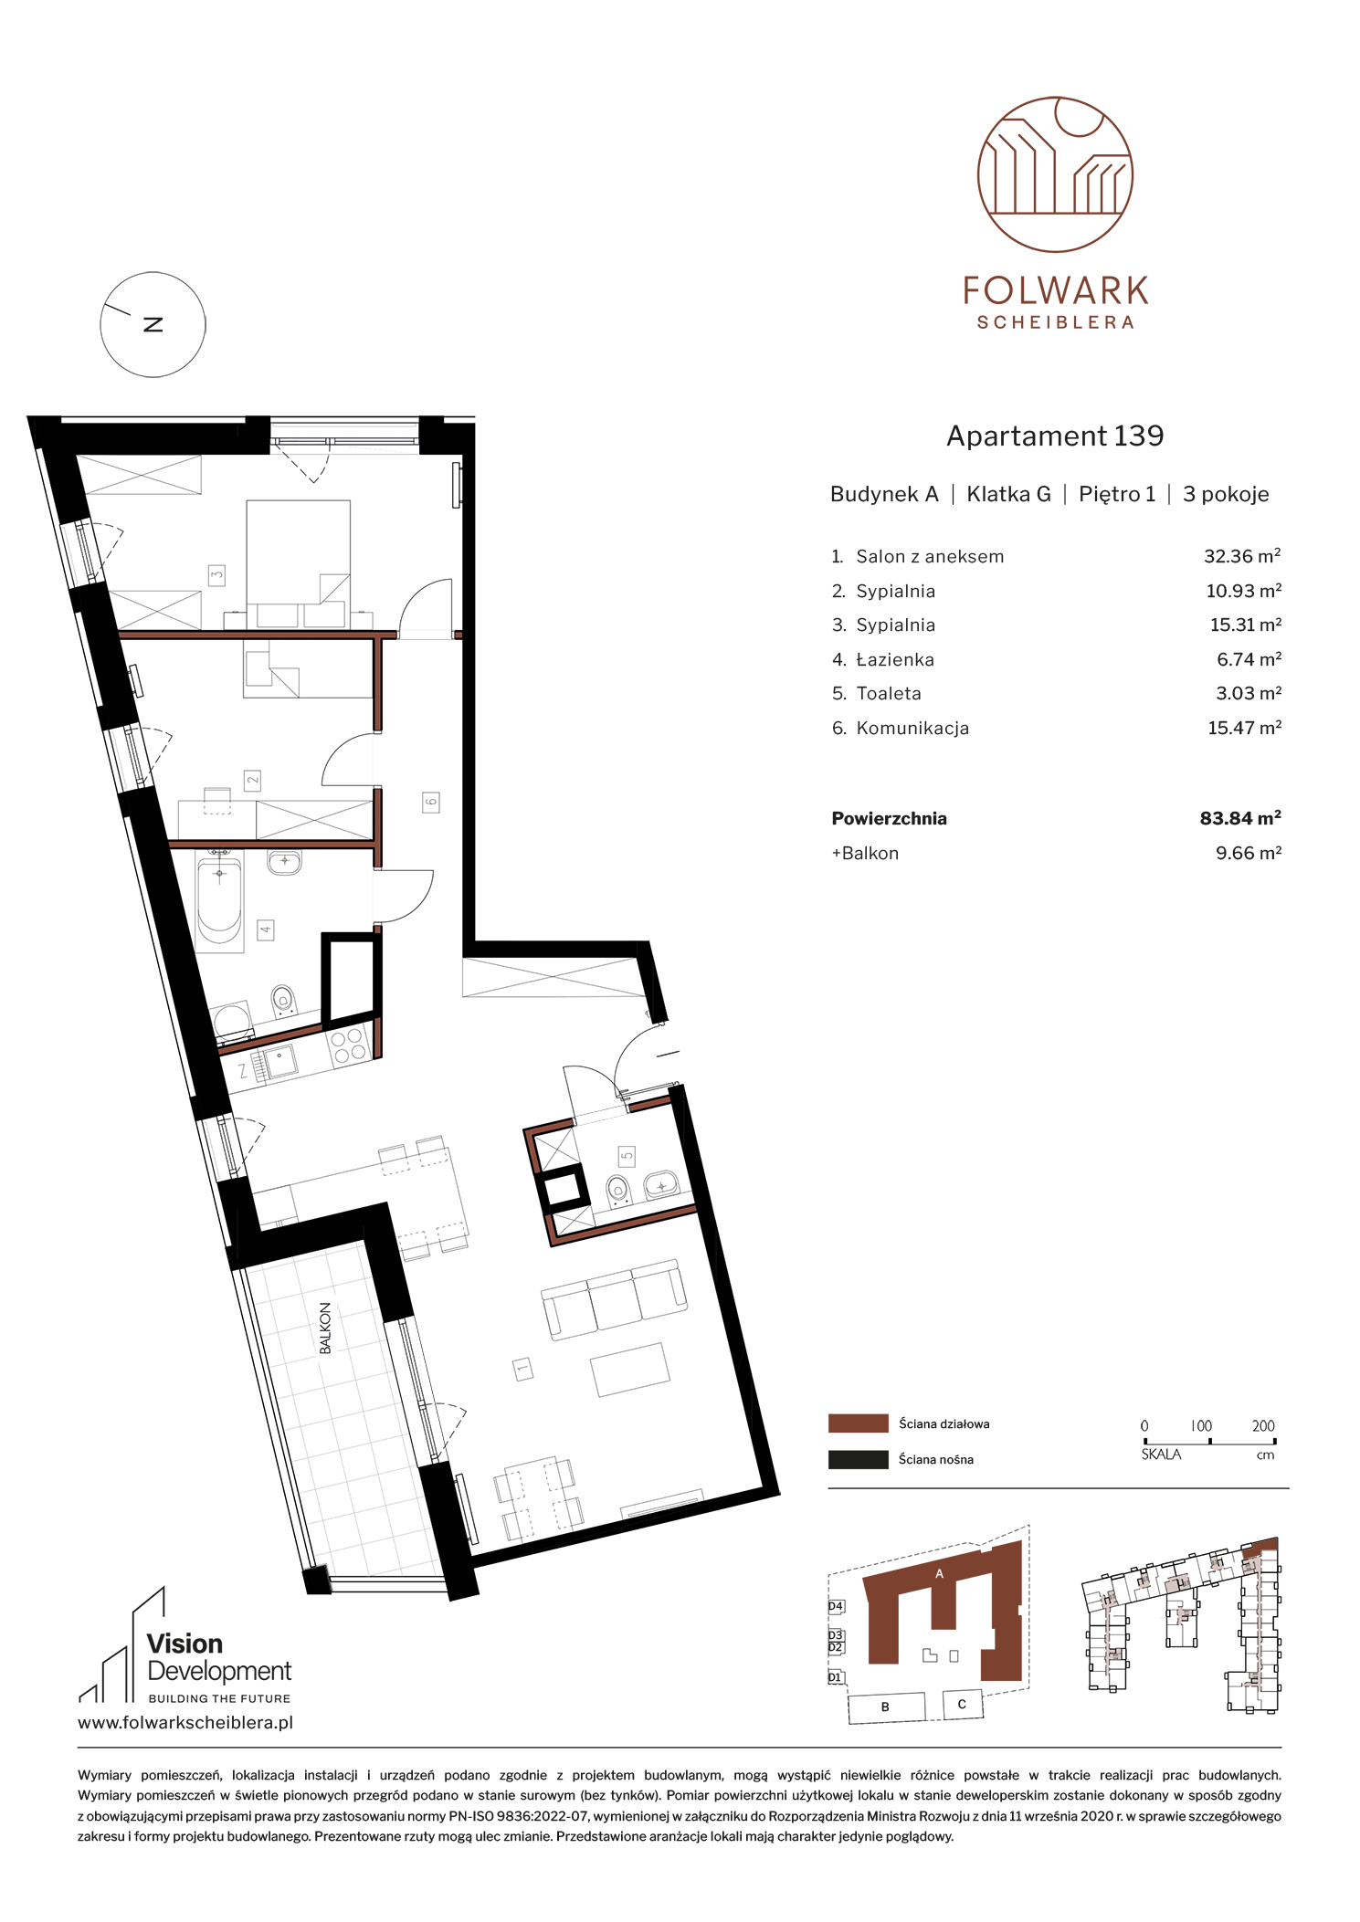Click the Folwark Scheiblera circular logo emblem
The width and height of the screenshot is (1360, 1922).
tap(1055, 174)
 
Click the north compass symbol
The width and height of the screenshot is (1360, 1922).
tap(153, 324)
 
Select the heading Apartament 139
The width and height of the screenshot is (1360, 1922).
tap(1055, 436)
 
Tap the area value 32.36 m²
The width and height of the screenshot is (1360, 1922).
tap(1242, 556)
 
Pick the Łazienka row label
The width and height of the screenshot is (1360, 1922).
tap(895, 659)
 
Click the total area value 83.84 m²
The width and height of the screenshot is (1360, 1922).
tap(1240, 818)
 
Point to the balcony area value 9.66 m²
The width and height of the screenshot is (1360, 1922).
tap(1249, 853)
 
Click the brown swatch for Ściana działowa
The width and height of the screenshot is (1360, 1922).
tap(858, 1423)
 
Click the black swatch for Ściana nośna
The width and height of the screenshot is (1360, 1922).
tap(858, 1459)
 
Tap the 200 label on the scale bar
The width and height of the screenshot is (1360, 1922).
tap(1263, 1425)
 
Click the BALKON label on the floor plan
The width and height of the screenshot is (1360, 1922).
tap(325, 1328)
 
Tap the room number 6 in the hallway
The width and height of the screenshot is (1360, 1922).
tap(431, 803)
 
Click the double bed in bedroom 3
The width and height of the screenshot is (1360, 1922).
tap(299, 562)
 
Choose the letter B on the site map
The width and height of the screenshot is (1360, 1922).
tap(884, 1707)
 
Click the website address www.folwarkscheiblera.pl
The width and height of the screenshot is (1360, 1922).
tap(185, 1723)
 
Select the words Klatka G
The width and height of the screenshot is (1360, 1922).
tap(1008, 494)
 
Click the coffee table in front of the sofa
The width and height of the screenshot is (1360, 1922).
tap(630, 1369)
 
